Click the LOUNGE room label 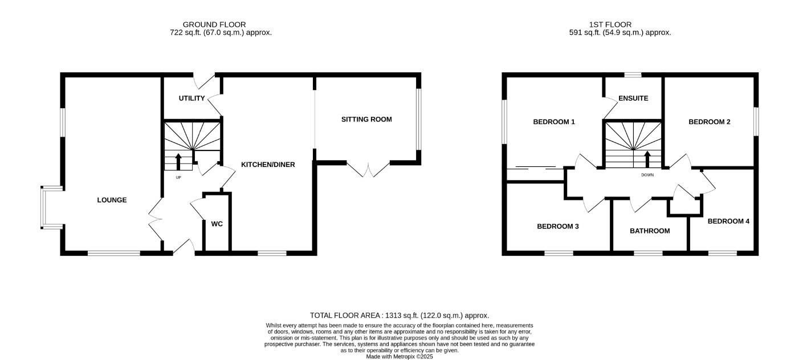pyautogui.click(x=112, y=200)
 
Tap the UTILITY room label pyautogui.click(x=191, y=98)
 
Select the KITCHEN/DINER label pyautogui.click(x=268, y=165)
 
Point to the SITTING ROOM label pyautogui.click(x=366, y=119)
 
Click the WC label pyautogui.click(x=217, y=224)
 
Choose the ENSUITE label pyautogui.click(x=633, y=98)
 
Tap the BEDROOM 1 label pyautogui.click(x=553, y=121)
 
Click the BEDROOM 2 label pyautogui.click(x=709, y=121)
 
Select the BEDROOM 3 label pyautogui.click(x=557, y=226)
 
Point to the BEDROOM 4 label pyautogui.click(x=728, y=221)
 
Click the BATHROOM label pyautogui.click(x=649, y=231)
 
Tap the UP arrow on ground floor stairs pyautogui.click(x=178, y=162)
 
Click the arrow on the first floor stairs pyautogui.click(x=647, y=159)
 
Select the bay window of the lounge pyautogui.click(x=43, y=208)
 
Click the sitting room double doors pyautogui.click(x=368, y=169)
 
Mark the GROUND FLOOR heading pyautogui.click(x=214, y=24)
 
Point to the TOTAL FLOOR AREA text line pyautogui.click(x=399, y=315)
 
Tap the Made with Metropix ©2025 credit pyautogui.click(x=399, y=357)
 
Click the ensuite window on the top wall pyautogui.click(x=633, y=75)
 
